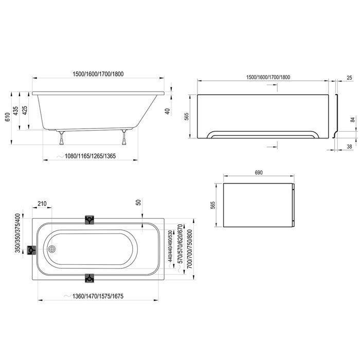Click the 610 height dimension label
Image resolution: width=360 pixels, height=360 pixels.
(x=7, y=117)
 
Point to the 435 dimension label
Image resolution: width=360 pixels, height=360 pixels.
(x=15, y=111)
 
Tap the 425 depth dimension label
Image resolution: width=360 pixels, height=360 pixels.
(x=25, y=111)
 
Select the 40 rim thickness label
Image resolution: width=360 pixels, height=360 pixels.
(x=168, y=112)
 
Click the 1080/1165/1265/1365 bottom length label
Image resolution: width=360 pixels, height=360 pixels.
(x=90, y=156)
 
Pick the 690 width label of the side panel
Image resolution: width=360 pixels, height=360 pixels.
(x=259, y=173)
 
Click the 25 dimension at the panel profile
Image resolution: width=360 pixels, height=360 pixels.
(x=349, y=78)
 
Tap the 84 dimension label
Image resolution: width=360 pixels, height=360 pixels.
(x=353, y=119)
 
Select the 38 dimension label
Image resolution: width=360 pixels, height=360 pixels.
(x=349, y=147)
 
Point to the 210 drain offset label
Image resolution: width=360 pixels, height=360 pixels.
(x=42, y=204)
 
